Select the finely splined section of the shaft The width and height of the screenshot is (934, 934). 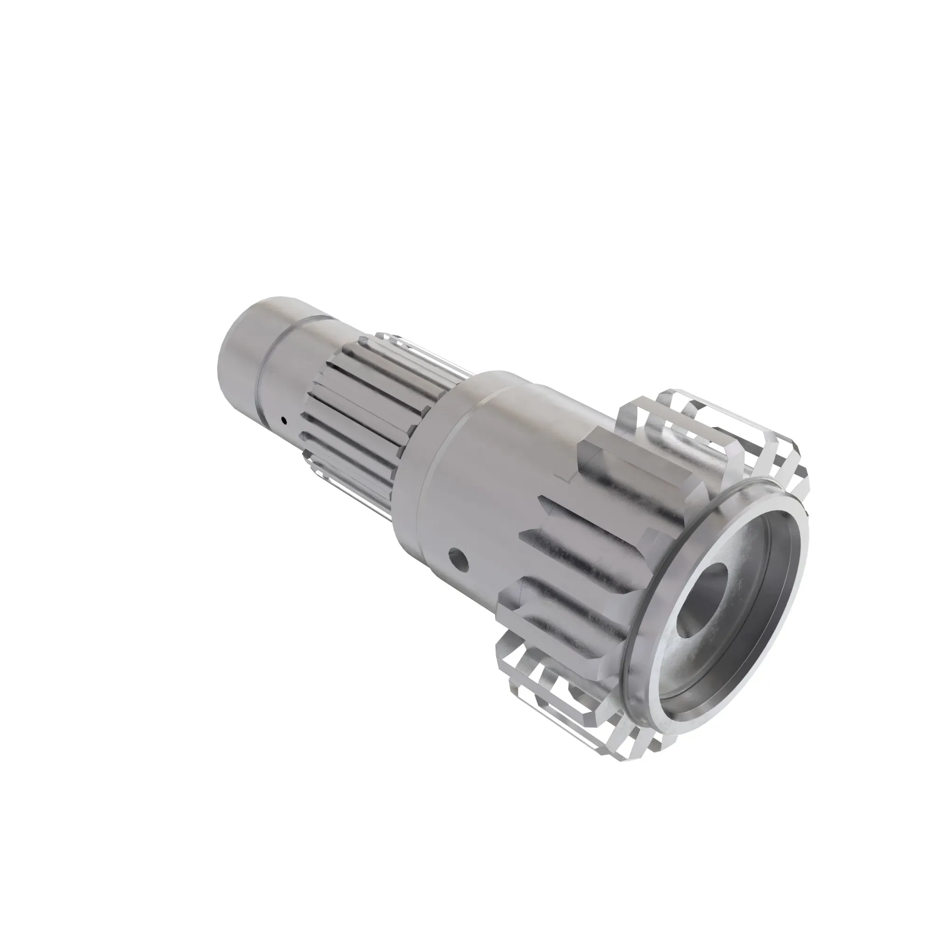[x=353, y=406]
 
